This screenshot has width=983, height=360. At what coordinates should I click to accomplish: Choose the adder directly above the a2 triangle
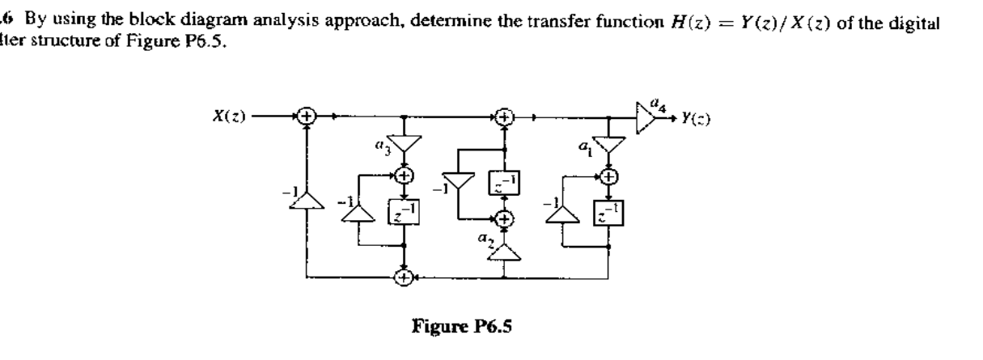point(505,218)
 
